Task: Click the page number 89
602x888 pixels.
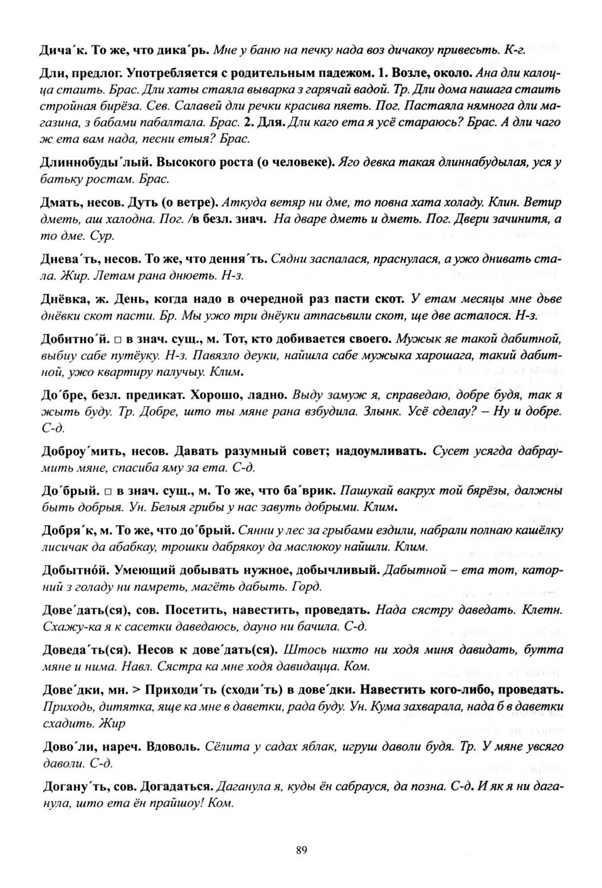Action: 301,850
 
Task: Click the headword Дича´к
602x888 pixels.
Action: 63,49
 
